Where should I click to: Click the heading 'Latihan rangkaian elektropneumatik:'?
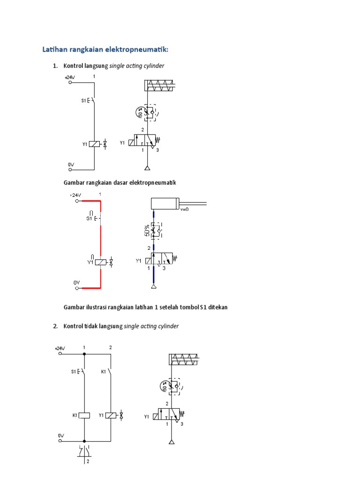pyautogui.click(x=105, y=49)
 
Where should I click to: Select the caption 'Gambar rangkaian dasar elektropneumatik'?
pyautogui.click(x=120, y=182)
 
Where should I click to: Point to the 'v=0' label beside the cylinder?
pyautogui.click(x=184, y=209)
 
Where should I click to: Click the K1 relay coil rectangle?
pyautogui.click(x=84, y=415)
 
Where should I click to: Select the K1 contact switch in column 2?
pyautogui.click(x=110, y=372)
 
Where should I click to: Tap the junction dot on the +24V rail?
pyautogui.click(x=84, y=354)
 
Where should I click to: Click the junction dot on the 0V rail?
pyautogui.click(x=84, y=441)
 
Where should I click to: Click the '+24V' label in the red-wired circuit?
pyautogui.click(x=75, y=195)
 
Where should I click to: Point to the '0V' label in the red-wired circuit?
pyautogui.click(x=77, y=282)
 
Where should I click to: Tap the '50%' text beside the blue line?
pyautogui.click(x=147, y=231)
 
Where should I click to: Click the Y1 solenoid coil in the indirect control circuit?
pyautogui.click(x=111, y=415)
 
